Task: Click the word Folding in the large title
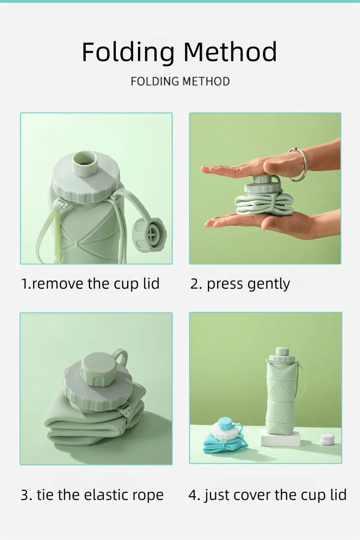tap(128, 52)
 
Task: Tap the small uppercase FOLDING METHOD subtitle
tap(180, 82)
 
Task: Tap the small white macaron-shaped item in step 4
tap(327, 438)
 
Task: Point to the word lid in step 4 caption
tap(338, 494)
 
